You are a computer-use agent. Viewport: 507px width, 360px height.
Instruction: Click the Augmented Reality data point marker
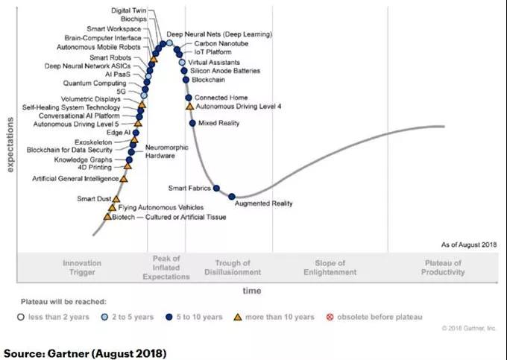[x=232, y=197]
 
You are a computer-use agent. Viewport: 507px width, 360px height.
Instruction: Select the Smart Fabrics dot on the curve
[x=216, y=189]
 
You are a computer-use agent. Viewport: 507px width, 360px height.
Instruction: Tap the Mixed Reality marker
[x=192, y=123]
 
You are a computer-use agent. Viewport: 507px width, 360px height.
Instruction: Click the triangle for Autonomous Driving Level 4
[x=189, y=107]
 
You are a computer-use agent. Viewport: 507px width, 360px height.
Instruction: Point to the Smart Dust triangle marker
[x=116, y=199]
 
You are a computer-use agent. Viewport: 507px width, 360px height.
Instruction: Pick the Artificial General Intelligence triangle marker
[x=124, y=179]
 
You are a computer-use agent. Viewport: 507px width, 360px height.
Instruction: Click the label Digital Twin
[x=128, y=11]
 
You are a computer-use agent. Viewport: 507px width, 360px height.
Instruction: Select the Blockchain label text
[x=208, y=80]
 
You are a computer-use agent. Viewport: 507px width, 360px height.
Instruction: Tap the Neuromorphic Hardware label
[x=160, y=152]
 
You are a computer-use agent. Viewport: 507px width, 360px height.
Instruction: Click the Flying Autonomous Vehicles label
[x=160, y=207]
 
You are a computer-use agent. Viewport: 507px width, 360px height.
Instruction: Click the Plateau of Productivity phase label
[x=443, y=268]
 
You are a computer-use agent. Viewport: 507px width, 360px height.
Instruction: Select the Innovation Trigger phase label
[x=81, y=268]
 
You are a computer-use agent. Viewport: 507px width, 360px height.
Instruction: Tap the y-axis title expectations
[x=11, y=144]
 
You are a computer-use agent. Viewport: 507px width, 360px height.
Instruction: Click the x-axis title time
[x=251, y=291]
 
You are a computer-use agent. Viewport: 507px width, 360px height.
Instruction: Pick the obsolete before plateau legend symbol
[x=330, y=317]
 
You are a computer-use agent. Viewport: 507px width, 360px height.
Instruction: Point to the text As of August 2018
[x=468, y=244]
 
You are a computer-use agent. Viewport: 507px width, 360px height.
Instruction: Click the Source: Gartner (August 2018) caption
[x=86, y=351]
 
